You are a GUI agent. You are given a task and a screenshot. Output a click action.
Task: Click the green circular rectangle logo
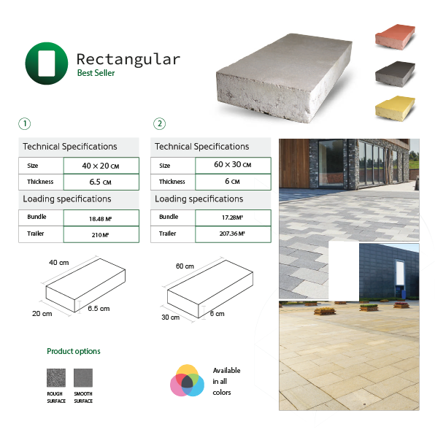(47, 63)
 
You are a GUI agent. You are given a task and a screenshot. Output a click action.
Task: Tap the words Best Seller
(96, 73)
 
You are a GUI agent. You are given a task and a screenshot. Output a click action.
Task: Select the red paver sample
(395, 37)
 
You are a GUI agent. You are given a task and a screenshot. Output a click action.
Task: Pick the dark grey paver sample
(395, 74)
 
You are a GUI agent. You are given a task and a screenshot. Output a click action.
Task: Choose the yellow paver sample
(395, 109)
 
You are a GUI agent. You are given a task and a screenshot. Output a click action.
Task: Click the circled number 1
(25, 124)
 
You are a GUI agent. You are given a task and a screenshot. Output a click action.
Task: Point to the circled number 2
(160, 124)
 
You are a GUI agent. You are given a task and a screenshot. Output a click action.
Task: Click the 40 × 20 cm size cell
(101, 166)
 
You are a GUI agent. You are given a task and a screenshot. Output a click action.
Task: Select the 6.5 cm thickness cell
(101, 182)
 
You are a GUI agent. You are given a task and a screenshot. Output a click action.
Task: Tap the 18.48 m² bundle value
(101, 218)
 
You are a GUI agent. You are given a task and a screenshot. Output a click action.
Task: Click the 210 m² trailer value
(101, 234)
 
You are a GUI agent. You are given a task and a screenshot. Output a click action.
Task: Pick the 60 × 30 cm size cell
(233, 166)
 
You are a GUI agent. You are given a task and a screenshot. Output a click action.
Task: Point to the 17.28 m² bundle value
(233, 217)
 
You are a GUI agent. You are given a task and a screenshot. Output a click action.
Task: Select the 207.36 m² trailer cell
(233, 234)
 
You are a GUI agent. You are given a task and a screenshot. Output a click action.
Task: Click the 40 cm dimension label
(59, 263)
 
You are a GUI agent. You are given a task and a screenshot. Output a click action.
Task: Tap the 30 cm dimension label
(170, 317)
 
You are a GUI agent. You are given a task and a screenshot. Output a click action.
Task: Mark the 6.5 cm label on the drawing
(99, 309)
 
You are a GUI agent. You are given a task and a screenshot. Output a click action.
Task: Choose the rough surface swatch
(56, 377)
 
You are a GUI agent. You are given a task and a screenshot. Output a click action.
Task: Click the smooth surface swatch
(83, 377)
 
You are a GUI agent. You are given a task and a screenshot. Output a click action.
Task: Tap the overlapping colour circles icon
(188, 380)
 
